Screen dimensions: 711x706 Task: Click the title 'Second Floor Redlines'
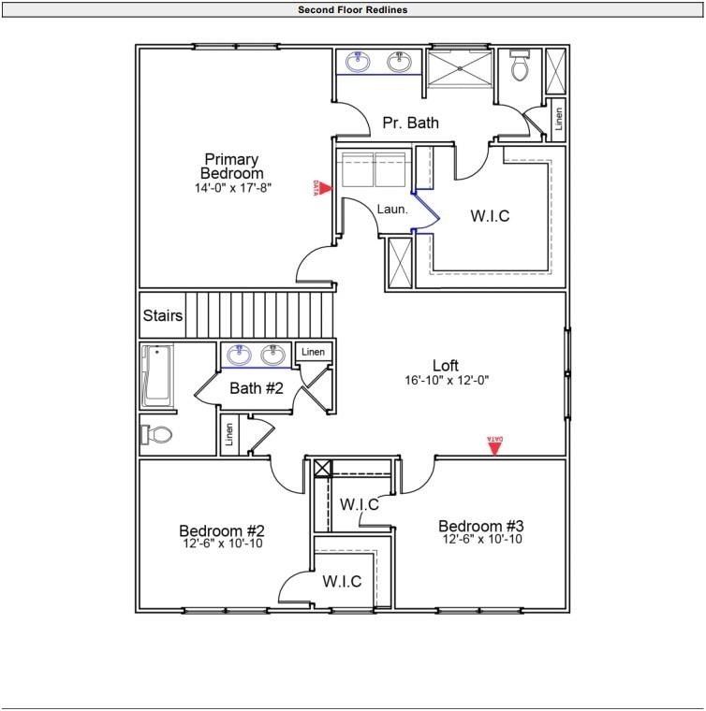point(352,10)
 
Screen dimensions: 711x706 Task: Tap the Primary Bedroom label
point(231,167)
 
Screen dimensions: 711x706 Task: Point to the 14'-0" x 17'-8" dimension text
point(232,188)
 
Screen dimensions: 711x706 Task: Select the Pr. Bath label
point(410,123)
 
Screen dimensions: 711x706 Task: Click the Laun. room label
point(392,210)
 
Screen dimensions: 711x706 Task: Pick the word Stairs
point(163,316)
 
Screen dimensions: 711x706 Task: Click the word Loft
point(446,365)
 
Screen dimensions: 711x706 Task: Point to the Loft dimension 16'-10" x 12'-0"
point(447,381)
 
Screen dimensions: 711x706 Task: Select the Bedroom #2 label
point(222,530)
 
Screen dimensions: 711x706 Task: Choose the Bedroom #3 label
point(481,526)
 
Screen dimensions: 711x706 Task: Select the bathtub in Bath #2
point(158,376)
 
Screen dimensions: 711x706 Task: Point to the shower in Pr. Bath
point(460,69)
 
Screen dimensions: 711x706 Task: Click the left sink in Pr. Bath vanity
point(358,63)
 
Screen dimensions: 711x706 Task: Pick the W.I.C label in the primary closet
point(490,216)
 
